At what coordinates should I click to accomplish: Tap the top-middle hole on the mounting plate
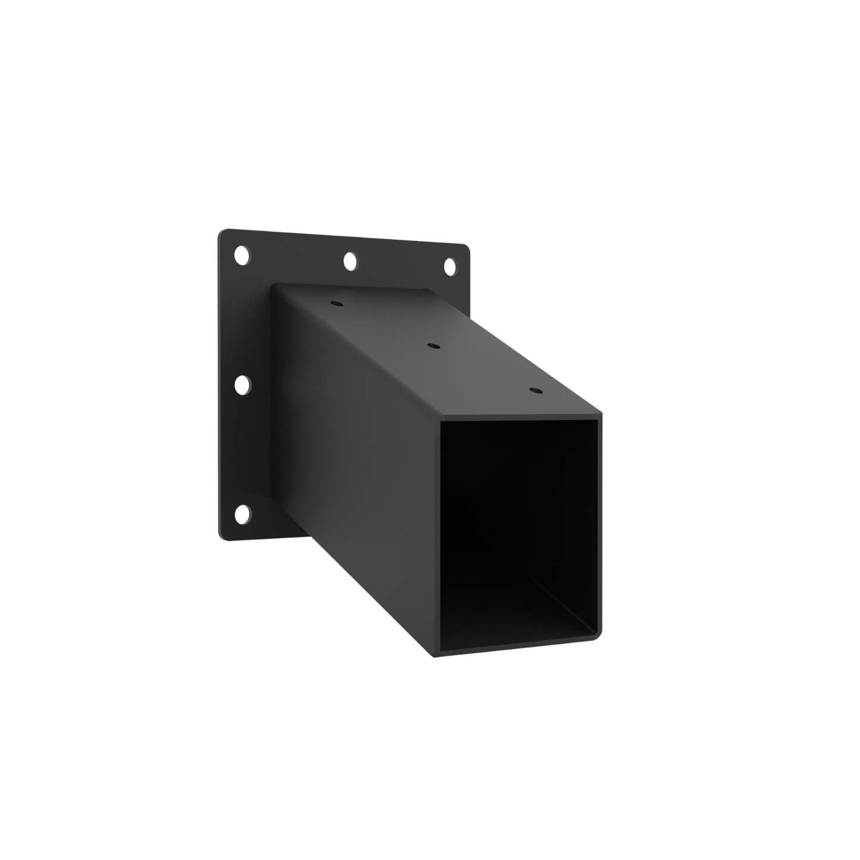click(x=350, y=261)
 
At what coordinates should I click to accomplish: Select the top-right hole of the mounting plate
click(x=449, y=265)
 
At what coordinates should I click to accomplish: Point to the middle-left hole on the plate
click(x=242, y=384)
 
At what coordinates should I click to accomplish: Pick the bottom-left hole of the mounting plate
click(x=242, y=514)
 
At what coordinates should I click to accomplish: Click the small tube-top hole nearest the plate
click(x=336, y=303)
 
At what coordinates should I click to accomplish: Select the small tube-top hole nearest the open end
click(x=535, y=391)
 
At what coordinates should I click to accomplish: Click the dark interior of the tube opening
click(x=512, y=512)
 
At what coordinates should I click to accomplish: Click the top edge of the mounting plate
click(x=345, y=237)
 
